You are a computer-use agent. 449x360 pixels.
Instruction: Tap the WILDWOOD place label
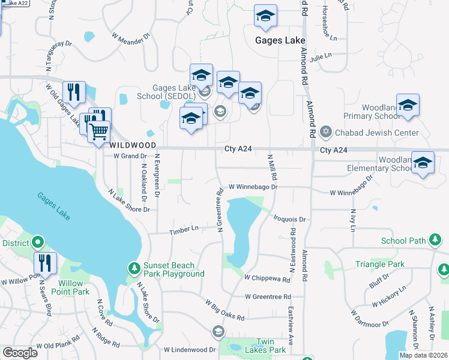(x=133, y=146)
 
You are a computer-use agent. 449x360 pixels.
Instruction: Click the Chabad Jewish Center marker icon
(x=326, y=132)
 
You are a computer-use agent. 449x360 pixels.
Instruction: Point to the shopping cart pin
(x=98, y=131)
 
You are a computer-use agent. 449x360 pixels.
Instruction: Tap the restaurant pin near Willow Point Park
(x=45, y=263)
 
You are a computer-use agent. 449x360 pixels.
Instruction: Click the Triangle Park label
(x=380, y=264)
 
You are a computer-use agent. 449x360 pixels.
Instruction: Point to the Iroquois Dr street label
(x=289, y=220)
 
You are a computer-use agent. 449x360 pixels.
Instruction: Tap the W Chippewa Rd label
(x=268, y=277)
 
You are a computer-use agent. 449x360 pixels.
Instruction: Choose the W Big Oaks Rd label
(x=225, y=309)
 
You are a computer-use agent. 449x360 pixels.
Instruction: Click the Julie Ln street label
(x=321, y=55)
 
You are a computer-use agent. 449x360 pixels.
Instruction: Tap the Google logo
(x=20, y=353)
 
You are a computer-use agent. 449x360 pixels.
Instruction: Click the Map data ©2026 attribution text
(x=423, y=355)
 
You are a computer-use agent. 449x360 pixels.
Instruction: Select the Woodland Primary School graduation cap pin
(x=408, y=106)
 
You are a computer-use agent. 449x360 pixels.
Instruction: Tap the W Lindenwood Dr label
(x=190, y=349)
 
